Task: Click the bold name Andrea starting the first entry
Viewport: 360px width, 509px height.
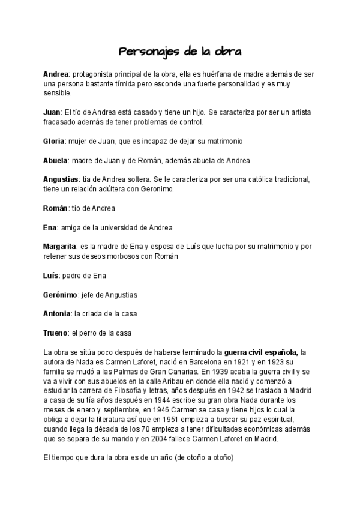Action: coord(56,74)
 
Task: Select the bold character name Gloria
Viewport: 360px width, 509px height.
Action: coord(54,141)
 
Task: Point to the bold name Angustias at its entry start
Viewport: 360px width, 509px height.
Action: coord(61,179)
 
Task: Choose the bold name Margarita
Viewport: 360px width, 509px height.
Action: coord(59,247)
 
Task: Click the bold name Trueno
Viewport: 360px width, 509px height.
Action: coord(55,333)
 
